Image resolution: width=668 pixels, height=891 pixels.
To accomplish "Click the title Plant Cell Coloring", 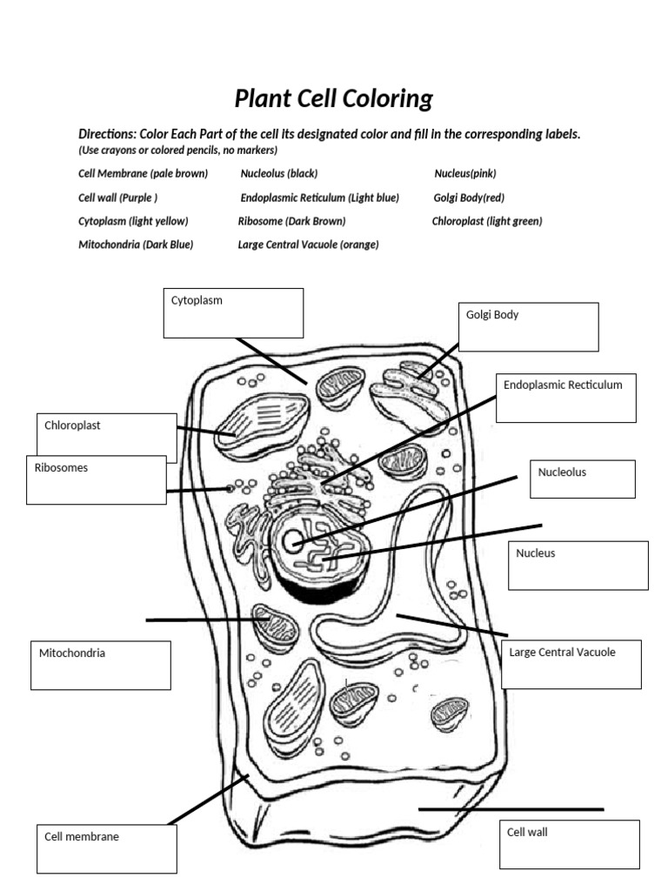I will point(333,99).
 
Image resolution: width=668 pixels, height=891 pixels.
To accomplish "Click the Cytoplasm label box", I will point(233,313).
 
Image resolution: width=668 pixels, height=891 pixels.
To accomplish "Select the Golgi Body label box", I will point(528,326).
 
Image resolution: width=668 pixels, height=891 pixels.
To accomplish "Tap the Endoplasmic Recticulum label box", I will point(566,398).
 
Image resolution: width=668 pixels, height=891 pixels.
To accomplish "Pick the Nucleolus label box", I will point(582,479).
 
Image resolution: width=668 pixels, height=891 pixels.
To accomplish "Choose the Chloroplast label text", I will point(73,425).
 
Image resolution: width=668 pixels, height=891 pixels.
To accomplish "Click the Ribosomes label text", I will point(61,467).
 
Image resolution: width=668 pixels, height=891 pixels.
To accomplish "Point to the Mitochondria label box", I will point(100,666).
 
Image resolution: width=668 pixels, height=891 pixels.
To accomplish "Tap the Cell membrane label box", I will point(106,849).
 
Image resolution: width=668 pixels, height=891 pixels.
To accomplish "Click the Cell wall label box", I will point(570,844).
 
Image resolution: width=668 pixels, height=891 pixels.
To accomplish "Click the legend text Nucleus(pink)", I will point(465,173).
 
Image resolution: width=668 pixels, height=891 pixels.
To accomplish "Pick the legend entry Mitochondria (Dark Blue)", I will point(136,245).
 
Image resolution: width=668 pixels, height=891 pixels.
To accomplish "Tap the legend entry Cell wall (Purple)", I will point(118,198).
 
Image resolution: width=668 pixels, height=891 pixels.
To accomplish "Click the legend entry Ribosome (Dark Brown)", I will point(292,221).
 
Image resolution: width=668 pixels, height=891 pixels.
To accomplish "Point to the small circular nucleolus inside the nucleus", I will point(292,540).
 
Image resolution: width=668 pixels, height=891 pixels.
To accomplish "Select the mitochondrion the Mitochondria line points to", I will point(275,627).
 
